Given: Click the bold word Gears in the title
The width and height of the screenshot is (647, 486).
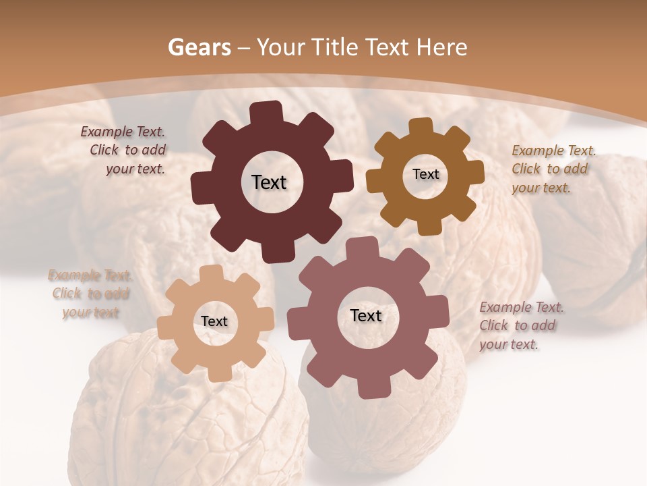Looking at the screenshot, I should point(199,47).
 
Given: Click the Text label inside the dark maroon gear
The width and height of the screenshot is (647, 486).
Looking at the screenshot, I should point(269,182).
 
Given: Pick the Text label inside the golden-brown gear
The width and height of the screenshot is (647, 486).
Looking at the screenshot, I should point(425,174).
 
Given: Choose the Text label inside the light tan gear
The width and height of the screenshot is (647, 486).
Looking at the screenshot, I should point(214,321).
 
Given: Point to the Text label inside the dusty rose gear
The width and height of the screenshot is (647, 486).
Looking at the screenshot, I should point(366,315).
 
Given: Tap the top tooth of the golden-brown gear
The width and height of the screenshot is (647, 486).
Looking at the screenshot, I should point(421,127).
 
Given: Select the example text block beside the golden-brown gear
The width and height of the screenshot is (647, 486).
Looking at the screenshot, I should point(553,169).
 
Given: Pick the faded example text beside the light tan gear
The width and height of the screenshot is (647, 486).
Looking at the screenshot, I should point(90,294).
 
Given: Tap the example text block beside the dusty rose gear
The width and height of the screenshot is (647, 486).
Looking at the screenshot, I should point(520,325).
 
